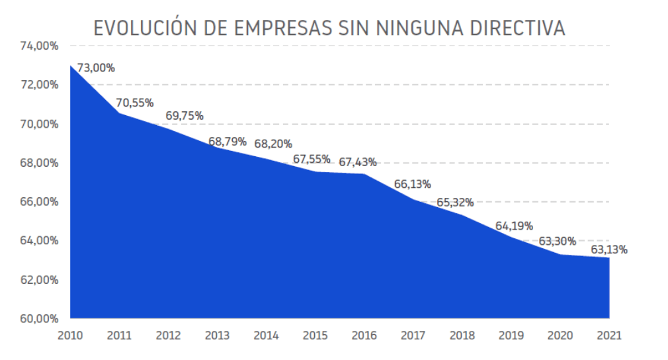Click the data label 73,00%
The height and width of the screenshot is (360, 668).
pos(96,67)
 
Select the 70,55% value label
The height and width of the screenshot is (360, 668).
pos(135,103)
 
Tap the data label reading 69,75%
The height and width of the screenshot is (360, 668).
pos(184,116)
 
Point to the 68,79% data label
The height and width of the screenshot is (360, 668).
pos(227,141)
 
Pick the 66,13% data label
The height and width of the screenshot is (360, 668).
pos(412,185)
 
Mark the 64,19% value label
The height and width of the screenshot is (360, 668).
pos(514,226)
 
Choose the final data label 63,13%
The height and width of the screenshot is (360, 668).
pos(608,249)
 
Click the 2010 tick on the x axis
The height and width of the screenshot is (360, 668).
pos(70,335)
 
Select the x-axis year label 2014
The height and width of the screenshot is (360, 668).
pos(266,335)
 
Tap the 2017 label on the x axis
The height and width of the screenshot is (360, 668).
pos(413,335)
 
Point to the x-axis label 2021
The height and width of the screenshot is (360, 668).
pos(608,335)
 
